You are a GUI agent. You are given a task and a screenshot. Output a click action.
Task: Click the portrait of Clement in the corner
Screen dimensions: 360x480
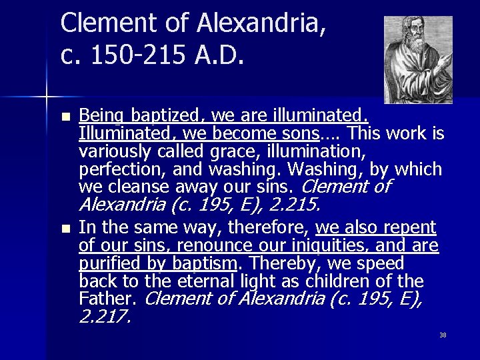[418, 59]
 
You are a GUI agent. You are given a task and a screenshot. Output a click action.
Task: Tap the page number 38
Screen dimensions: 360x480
[443, 335]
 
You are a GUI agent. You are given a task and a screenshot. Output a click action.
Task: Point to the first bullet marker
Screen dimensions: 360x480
[65, 117]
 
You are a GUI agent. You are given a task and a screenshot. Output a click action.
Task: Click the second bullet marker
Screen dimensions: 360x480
[65, 229]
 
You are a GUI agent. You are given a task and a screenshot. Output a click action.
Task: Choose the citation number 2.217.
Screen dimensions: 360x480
[105, 317]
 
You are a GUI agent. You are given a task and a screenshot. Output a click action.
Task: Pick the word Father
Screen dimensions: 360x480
[107, 299]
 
